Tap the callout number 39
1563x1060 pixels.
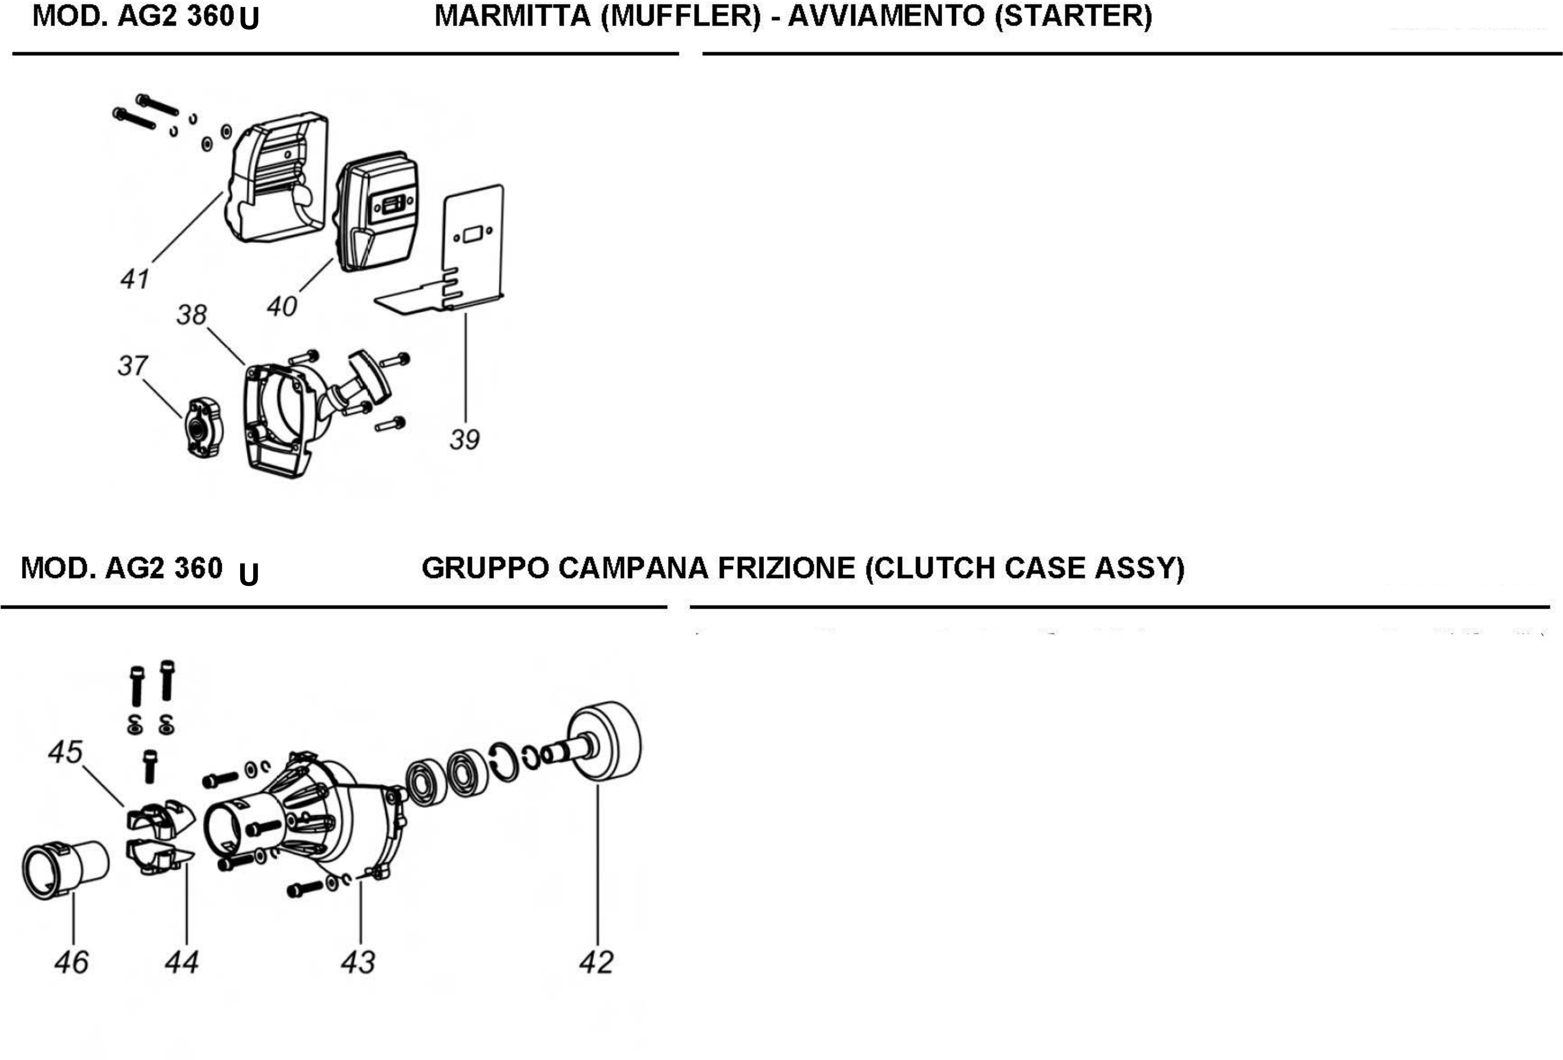pyautogui.click(x=464, y=440)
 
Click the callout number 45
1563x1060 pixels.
pyautogui.click(x=65, y=752)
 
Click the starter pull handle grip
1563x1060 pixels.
pyautogui.click(x=369, y=375)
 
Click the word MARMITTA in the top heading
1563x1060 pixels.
pyautogui.click(x=512, y=16)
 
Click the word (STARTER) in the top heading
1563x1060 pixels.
pyautogui.click(x=1073, y=16)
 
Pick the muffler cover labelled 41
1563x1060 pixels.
pyautogui.click(x=279, y=178)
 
